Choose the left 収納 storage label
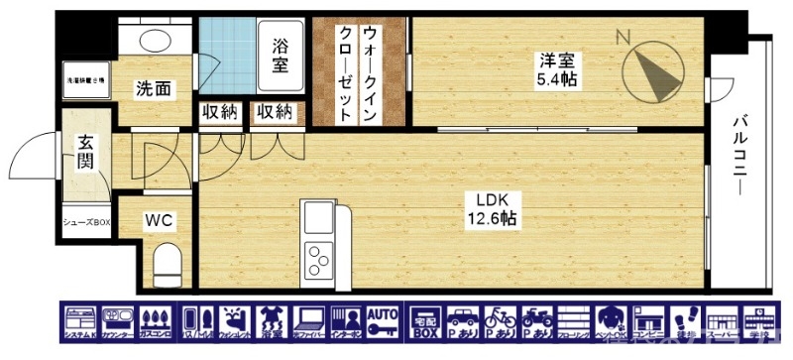pos(219,112)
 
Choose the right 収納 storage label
pos(273,112)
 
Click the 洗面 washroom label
pos(153,89)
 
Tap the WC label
pos(160,220)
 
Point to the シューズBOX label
pos(85,222)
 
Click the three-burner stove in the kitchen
pos(320,261)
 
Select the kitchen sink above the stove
pos(319,216)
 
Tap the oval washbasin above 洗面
pos(153,41)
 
